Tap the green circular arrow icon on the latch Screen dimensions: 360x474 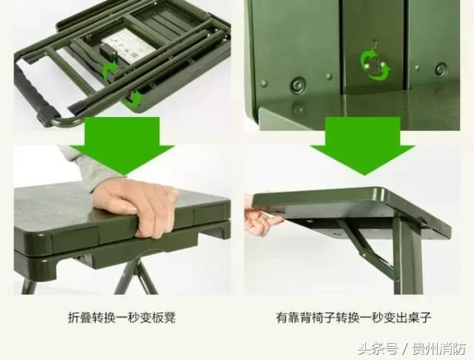click(375, 64)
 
